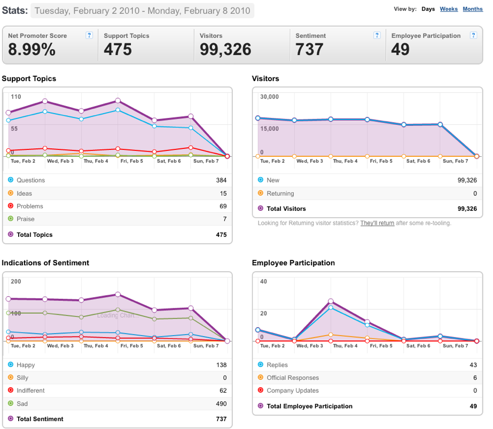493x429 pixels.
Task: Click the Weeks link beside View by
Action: (449, 9)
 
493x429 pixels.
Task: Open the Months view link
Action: (473, 9)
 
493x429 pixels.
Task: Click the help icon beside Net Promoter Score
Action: (89, 35)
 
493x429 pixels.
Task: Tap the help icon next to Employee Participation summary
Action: (473, 35)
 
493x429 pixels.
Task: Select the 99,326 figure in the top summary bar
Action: (225, 49)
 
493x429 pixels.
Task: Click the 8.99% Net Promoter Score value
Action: (32, 49)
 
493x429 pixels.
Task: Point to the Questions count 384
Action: (221, 180)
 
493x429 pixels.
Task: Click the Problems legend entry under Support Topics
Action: (29, 206)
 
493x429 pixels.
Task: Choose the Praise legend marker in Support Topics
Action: (11, 219)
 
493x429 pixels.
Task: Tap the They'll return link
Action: (377, 223)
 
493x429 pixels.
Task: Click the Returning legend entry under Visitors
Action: (280, 194)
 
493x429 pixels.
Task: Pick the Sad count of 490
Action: (221, 403)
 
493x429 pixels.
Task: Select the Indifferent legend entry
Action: (30, 391)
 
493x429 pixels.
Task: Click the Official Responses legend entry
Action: (293, 377)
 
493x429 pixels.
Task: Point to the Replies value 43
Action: (473, 365)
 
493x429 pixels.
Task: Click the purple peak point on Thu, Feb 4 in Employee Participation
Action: (331, 301)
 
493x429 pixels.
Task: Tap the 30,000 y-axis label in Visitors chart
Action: (269, 97)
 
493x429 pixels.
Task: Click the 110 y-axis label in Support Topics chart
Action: (16, 97)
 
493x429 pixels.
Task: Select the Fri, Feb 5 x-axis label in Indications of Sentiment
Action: (132, 346)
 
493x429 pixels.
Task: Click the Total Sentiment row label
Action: (40, 419)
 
